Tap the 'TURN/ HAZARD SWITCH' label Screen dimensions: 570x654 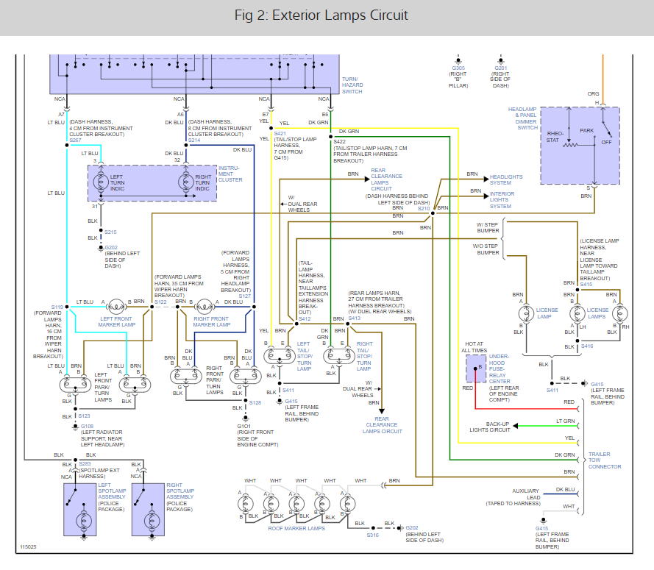point(352,85)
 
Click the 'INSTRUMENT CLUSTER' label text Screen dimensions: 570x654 point(230,174)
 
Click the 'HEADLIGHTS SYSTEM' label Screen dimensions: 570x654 point(506,180)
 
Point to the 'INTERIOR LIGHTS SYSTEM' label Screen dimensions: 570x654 point(506,199)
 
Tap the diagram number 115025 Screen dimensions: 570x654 point(28,547)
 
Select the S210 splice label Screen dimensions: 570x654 point(423,208)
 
